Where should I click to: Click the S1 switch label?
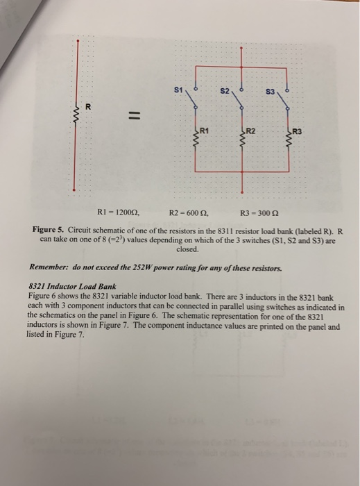179,90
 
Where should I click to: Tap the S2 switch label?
225,92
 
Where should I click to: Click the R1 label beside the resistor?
205,130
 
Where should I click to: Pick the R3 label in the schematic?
298,131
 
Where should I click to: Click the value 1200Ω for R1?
120,214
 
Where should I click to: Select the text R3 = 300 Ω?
259,214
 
